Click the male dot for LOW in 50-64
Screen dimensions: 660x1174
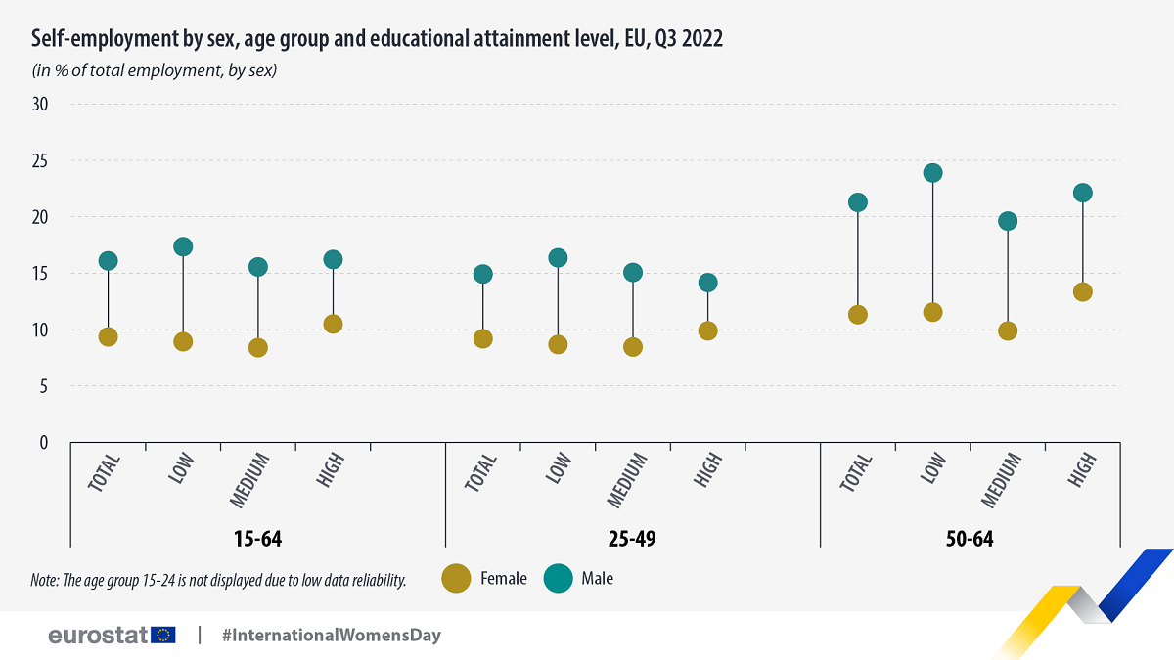932,173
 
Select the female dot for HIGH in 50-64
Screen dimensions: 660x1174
1082,291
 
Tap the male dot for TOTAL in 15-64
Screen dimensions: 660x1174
109,260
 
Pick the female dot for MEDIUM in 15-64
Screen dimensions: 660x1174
258,347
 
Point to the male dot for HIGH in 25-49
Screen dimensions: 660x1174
707,283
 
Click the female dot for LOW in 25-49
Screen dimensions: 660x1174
558,344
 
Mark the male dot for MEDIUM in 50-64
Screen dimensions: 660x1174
1008,221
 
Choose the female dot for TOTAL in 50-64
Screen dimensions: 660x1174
858,314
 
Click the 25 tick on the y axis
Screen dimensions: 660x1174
40,160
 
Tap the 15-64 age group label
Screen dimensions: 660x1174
258,539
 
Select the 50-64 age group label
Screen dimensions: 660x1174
970,539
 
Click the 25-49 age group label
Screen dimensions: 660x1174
633,539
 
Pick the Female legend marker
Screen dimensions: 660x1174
456,578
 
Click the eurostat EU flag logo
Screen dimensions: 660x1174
163,635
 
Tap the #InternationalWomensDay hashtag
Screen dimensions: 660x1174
332,635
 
